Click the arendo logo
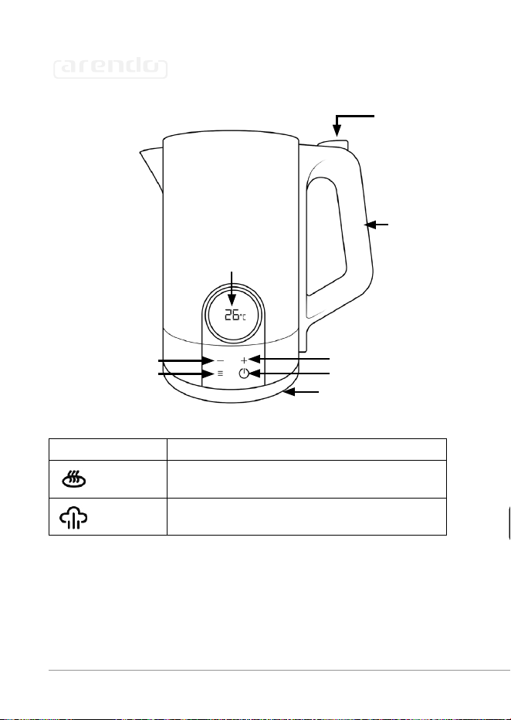pos(110,69)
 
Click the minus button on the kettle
pos(220,361)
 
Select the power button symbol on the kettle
pos(244,374)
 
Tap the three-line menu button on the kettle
pos(220,374)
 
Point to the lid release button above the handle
pos(333,144)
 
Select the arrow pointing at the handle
pos(377,225)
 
